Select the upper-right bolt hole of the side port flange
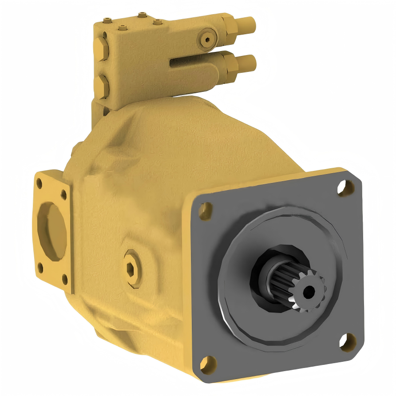click(x=64, y=194)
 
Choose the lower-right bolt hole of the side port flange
click(x=64, y=279)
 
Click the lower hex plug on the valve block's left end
click(x=102, y=85)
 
